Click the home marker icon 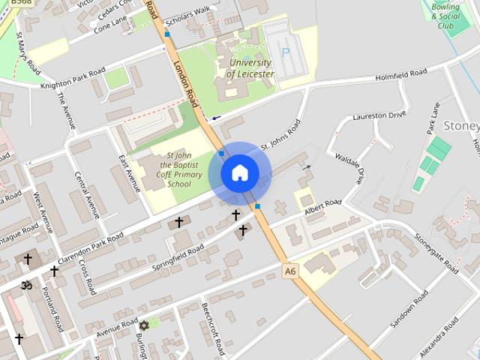pyautogui.click(x=240, y=173)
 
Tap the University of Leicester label pyautogui.click(x=250, y=68)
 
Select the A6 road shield pyautogui.click(x=290, y=269)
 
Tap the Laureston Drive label pyautogui.click(x=379, y=116)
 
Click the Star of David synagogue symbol pyautogui.click(x=143, y=325)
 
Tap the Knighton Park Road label pyautogui.click(x=73, y=78)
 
